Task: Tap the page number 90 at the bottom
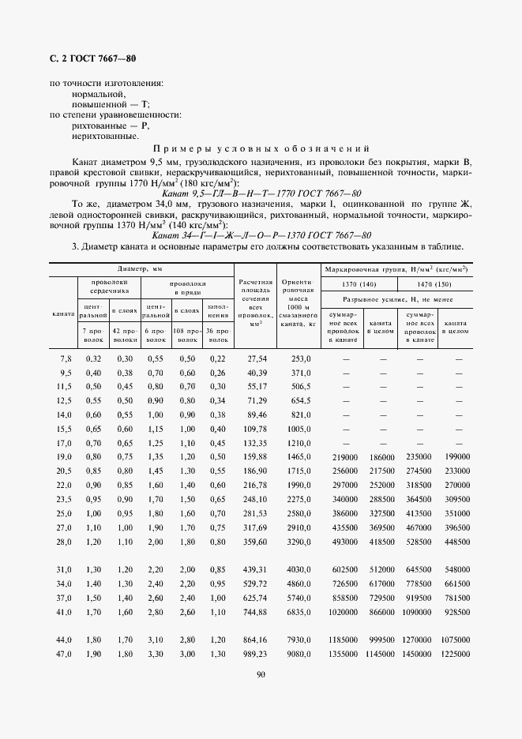(261, 673)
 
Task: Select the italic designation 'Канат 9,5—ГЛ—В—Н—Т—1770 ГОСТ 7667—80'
(261, 193)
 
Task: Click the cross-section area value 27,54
(258, 358)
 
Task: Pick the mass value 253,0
(299, 358)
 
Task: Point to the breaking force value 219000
(347, 457)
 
